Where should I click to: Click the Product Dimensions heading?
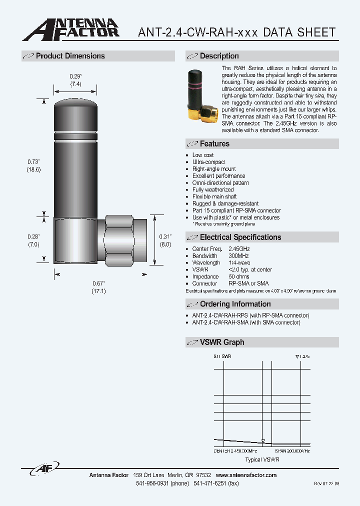[x=70, y=56]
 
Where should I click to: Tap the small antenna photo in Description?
[x=201, y=95]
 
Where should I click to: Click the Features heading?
[x=214, y=144]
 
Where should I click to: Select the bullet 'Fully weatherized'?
[x=213, y=190]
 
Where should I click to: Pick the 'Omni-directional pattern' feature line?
[x=220, y=183]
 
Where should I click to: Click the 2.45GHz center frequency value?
[x=239, y=249]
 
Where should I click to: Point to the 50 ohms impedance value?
[x=238, y=276]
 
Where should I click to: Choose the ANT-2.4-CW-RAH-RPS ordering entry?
[x=250, y=315]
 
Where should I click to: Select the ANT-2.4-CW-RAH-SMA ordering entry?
[x=246, y=322]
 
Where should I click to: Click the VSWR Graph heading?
[x=222, y=342]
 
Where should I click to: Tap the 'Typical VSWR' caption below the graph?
[x=262, y=459]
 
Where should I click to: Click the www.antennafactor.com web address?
[x=246, y=475]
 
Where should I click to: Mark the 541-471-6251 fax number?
[x=216, y=484]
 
